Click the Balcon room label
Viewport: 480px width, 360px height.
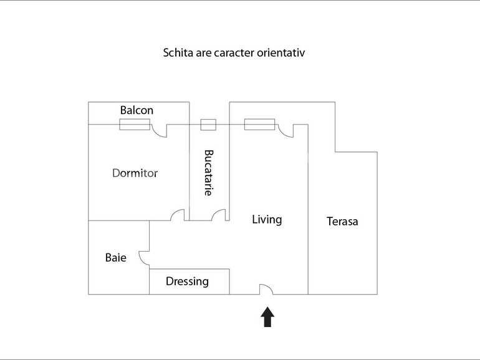pyautogui.click(x=137, y=110)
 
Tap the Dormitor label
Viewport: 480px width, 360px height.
pyautogui.click(x=135, y=173)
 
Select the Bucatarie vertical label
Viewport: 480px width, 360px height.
pyautogui.click(x=208, y=173)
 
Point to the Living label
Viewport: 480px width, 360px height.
pyautogui.click(x=267, y=220)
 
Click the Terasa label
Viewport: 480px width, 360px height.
pyautogui.click(x=342, y=222)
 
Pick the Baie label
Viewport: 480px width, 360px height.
pyautogui.click(x=116, y=257)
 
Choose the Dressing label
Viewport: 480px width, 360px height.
pyautogui.click(x=188, y=282)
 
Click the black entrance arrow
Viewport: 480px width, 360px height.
pyautogui.click(x=267, y=317)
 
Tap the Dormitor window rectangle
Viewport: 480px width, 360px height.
pyautogui.click(x=135, y=125)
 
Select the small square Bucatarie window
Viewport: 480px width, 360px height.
pyautogui.click(x=208, y=125)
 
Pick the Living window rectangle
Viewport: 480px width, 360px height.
pyautogui.click(x=259, y=125)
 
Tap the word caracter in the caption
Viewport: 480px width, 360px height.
pyautogui.click(x=234, y=53)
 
